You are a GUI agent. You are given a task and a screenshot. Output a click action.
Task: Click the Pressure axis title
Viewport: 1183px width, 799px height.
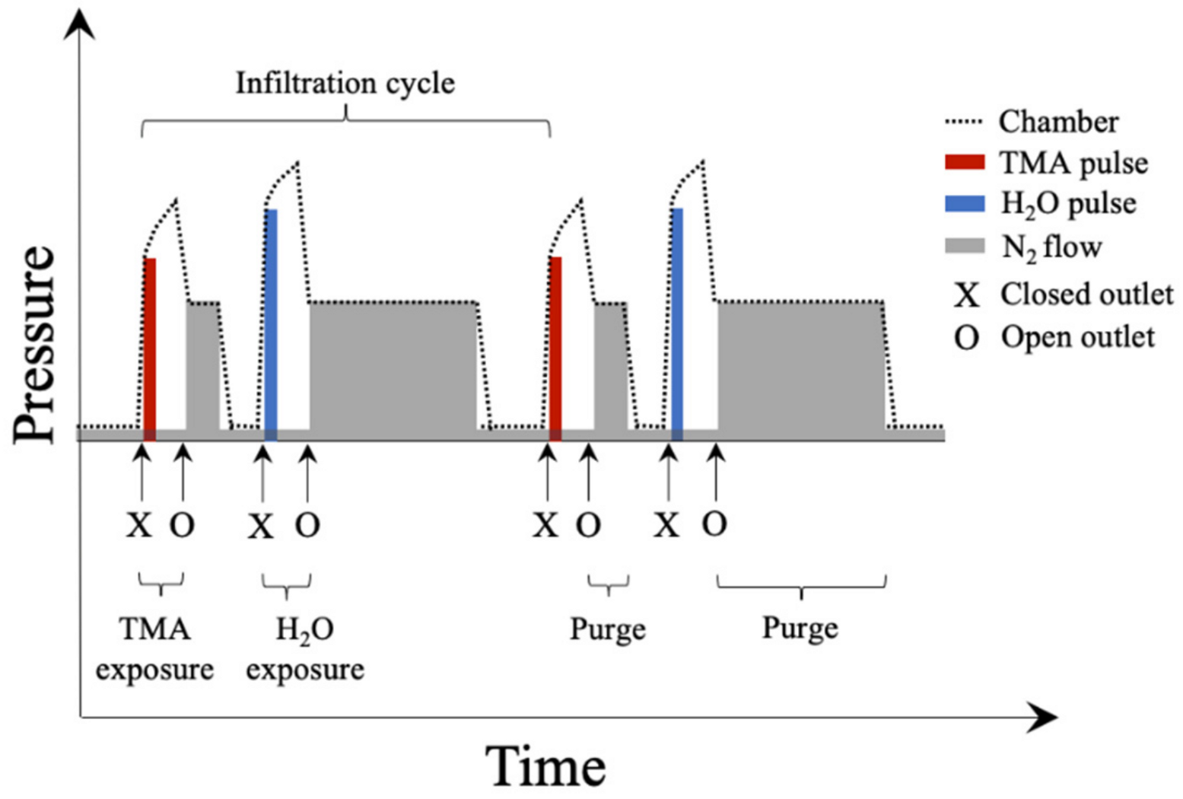(37, 344)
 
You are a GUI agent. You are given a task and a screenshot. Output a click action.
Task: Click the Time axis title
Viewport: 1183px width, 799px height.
(545, 766)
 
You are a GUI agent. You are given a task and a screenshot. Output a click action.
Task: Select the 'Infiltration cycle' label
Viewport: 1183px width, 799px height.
(345, 83)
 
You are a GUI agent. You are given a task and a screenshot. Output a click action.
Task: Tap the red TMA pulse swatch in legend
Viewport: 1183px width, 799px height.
(965, 162)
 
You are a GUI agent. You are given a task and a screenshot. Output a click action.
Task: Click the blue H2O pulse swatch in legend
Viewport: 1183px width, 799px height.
(965, 203)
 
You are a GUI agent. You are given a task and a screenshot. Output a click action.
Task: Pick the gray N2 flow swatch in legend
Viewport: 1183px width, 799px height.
(965, 246)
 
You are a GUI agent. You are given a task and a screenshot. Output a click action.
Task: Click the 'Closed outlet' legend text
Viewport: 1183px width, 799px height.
(1086, 294)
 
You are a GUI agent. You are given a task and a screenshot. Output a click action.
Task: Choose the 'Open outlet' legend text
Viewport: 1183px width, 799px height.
(1077, 337)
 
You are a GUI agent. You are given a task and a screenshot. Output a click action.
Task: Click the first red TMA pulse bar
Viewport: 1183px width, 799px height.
(150, 349)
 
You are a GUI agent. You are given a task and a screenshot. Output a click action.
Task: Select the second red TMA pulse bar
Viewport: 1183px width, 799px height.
(555, 349)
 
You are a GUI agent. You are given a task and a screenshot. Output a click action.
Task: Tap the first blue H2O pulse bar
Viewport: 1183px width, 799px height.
(271, 323)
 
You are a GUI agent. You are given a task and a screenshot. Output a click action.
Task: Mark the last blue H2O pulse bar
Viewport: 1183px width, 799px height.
(677, 323)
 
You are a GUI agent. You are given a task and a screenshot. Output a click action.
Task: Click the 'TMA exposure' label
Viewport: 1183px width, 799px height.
(154, 649)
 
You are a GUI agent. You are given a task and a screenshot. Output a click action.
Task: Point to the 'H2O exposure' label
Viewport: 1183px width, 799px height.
(305, 649)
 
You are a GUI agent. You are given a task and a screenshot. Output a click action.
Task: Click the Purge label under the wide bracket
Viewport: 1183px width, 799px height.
(800, 629)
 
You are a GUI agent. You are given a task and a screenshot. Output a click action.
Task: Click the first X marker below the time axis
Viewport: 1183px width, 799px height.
(139, 525)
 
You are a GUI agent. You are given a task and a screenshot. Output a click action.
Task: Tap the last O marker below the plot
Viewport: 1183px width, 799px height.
(714, 524)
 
